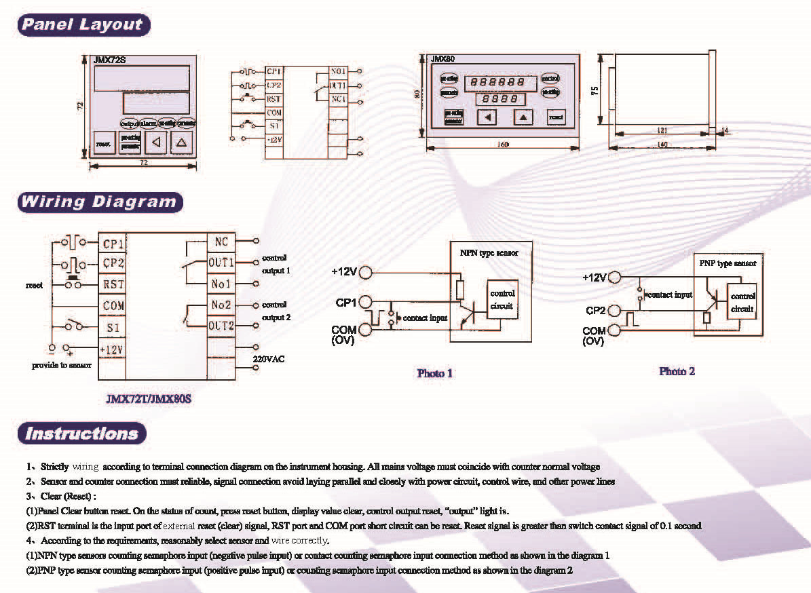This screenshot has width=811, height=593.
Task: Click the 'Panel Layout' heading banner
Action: [x=83, y=25]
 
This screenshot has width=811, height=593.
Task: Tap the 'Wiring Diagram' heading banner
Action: [x=99, y=202]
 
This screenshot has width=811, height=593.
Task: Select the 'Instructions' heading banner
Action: [x=81, y=433]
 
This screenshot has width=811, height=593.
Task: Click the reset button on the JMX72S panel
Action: [x=103, y=143]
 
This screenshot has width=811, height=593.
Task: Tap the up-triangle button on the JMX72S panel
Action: [x=182, y=142]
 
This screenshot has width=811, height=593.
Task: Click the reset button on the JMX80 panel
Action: [x=556, y=117]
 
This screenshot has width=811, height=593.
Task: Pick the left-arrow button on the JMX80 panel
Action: [x=486, y=117]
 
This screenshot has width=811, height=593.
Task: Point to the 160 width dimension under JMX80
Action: [x=503, y=144]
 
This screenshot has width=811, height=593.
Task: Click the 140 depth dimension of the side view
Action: [x=662, y=145]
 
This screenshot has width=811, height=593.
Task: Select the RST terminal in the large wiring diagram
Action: [x=113, y=285]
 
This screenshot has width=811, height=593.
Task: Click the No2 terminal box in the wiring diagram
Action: [x=221, y=305]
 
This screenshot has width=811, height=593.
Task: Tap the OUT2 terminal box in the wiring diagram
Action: [x=221, y=326]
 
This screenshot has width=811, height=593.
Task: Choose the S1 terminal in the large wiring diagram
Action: [x=113, y=328]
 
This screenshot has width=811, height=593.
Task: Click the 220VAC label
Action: [x=269, y=358]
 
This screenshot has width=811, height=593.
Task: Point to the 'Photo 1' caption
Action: [x=434, y=372]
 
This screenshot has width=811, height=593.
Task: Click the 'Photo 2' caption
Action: [x=677, y=371]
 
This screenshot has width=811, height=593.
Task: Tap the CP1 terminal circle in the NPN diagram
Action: [x=366, y=301]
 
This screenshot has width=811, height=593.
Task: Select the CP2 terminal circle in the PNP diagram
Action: [x=615, y=311]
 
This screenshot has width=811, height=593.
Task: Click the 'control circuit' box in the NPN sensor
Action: [x=503, y=299]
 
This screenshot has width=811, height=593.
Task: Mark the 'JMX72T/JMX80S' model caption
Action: [x=149, y=399]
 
